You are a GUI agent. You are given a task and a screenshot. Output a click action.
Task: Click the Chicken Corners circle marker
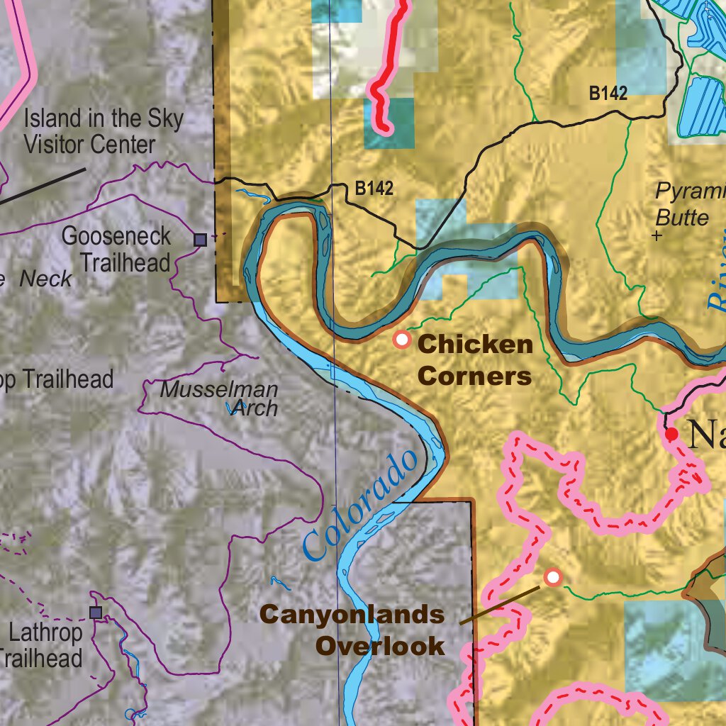(x=402, y=340)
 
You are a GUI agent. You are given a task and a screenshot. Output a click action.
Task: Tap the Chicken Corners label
(x=475, y=360)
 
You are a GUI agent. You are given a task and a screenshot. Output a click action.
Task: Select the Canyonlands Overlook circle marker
(x=553, y=578)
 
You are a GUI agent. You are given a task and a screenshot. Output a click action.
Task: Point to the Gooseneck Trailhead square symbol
(x=201, y=240)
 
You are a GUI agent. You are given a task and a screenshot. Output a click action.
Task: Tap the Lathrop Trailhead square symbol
(x=96, y=612)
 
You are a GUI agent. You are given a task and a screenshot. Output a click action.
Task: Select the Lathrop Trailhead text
(x=43, y=645)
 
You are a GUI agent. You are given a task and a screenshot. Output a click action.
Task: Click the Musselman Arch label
(x=219, y=399)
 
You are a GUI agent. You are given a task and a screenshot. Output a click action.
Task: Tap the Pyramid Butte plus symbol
(x=657, y=235)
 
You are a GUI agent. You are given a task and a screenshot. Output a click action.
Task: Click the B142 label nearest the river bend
(x=374, y=189)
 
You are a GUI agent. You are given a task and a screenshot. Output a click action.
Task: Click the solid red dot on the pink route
(x=671, y=432)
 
